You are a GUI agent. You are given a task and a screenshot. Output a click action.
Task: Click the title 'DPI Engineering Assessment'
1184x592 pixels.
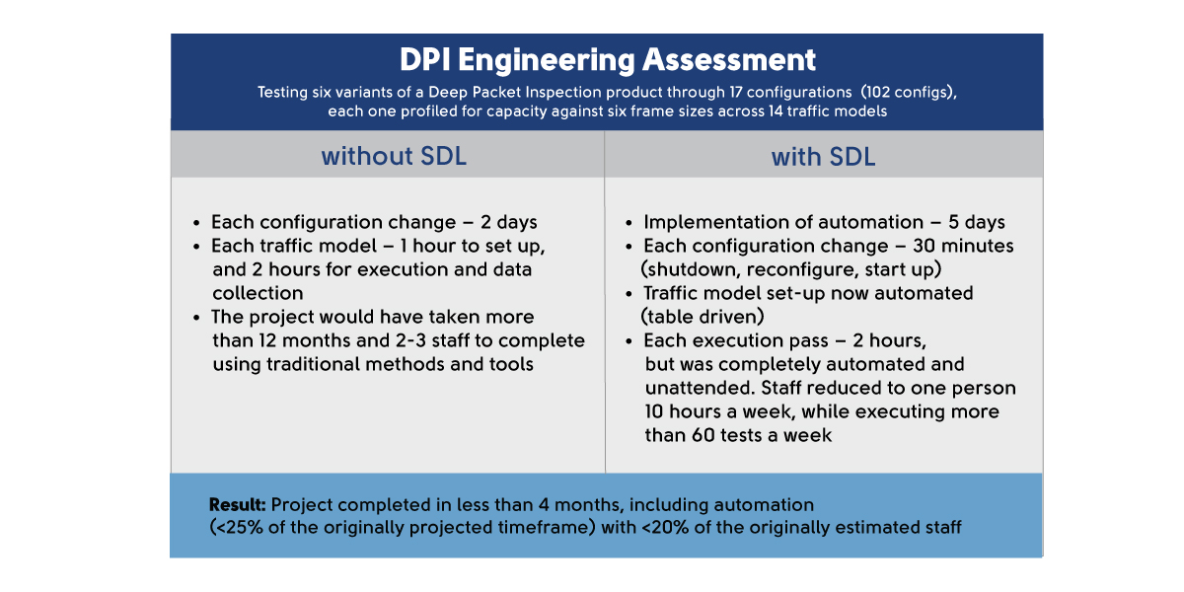(x=608, y=61)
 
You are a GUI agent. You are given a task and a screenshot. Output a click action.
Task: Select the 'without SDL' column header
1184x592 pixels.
(x=394, y=157)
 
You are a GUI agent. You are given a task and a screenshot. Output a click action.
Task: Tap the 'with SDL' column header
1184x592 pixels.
(x=823, y=157)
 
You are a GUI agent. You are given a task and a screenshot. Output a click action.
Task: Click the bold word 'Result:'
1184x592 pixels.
(x=238, y=505)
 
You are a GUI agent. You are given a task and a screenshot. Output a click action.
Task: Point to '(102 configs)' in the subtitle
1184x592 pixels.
(x=909, y=93)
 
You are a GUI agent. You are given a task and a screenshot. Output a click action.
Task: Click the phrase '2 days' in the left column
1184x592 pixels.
(x=508, y=223)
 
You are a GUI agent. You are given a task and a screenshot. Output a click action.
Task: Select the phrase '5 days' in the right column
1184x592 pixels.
(x=976, y=223)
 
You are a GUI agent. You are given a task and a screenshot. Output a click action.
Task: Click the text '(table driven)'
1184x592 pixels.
(x=703, y=317)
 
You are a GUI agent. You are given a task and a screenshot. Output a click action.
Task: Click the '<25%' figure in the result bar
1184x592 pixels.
(x=236, y=528)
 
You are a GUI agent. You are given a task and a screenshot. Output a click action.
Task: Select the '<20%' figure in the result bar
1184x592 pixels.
(x=665, y=528)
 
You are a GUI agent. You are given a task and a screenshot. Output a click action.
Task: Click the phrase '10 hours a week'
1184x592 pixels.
(x=720, y=411)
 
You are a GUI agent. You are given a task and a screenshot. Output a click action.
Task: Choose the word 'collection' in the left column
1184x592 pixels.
(x=258, y=293)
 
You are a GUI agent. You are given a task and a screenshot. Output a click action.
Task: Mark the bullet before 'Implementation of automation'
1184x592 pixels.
(x=629, y=224)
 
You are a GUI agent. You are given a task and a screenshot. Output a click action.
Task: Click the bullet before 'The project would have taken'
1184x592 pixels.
(x=196, y=318)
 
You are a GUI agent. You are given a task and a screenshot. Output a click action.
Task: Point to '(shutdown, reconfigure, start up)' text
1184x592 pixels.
(x=791, y=270)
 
